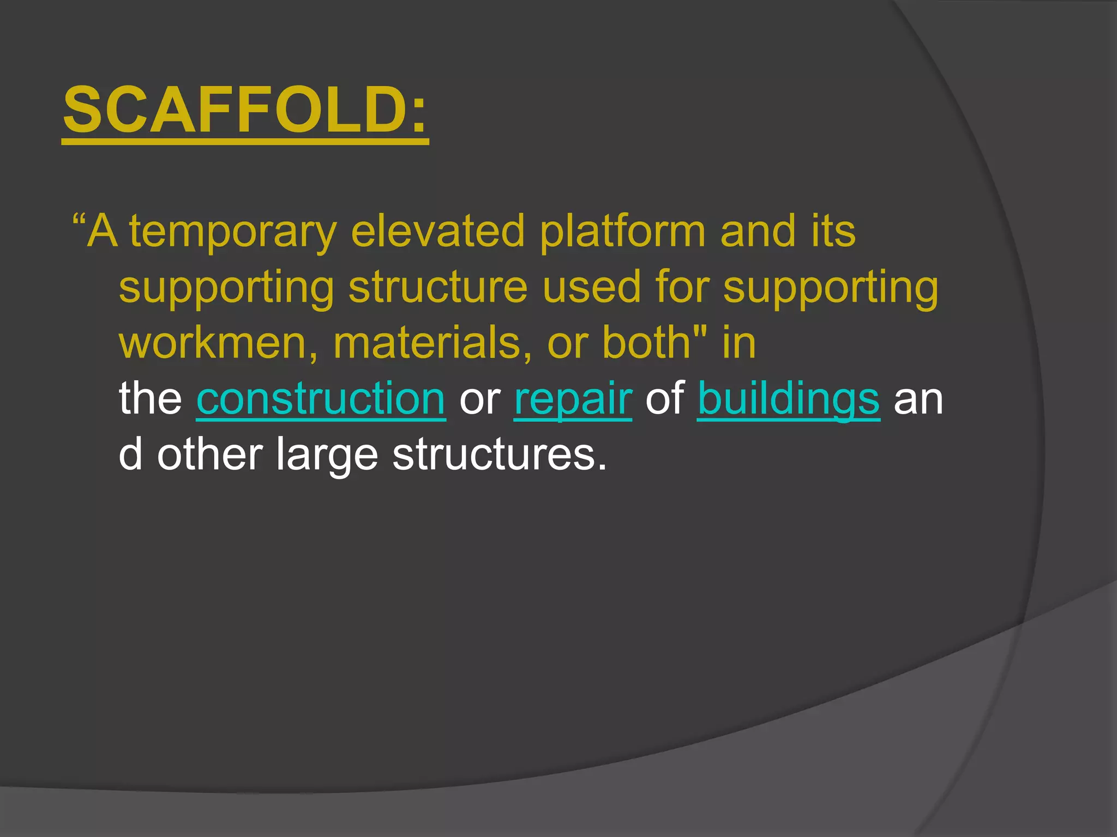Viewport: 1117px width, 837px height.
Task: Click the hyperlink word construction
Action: coord(321,398)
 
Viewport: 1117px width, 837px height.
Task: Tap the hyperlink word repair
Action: coord(573,398)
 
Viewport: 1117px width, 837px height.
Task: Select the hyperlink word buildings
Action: coord(788,398)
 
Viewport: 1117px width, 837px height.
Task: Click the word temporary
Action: coord(233,232)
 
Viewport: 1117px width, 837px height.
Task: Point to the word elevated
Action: coord(437,231)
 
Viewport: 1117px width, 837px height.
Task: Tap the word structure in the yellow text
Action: coord(438,288)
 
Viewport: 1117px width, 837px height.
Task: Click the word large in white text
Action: coord(327,455)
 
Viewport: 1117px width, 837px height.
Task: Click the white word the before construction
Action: coord(151,398)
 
